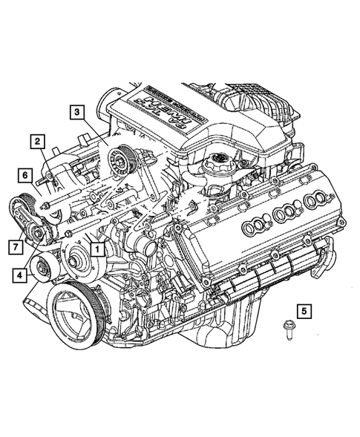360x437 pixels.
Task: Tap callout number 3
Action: point(77,112)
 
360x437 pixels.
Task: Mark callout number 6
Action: point(25,176)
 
